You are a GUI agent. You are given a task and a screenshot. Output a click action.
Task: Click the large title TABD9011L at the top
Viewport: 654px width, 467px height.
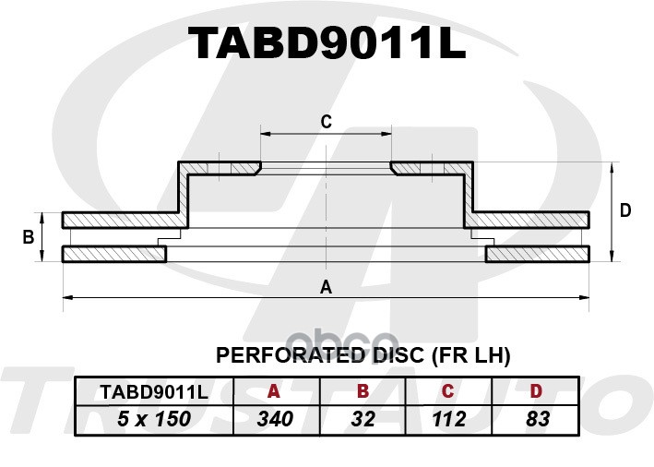click(327, 42)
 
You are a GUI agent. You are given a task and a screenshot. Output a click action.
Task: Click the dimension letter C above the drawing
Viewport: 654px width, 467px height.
click(327, 122)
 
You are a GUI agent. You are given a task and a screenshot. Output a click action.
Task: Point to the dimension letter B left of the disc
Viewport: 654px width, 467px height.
click(29, 237)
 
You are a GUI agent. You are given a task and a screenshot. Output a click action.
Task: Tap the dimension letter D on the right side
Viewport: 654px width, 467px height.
click(625, 210)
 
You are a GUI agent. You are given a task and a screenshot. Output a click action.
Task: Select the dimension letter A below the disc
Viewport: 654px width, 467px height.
click(327, 287)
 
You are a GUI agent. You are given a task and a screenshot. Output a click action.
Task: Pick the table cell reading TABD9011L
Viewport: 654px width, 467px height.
click(154, 392)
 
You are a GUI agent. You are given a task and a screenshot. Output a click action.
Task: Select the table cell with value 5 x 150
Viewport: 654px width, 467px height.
click(154, 419)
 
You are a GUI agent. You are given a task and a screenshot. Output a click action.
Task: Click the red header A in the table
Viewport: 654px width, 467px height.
click(274, 391)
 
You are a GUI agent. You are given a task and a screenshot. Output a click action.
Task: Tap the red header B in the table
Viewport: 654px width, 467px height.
click(363, 391)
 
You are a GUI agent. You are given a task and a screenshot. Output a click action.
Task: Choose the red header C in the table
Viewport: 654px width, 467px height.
click(447, 391)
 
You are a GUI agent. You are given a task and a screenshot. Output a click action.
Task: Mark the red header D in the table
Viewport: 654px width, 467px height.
click(536, 391)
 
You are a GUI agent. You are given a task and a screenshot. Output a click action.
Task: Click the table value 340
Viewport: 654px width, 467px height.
click(275, 419)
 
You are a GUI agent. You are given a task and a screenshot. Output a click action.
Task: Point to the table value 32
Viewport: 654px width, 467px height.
click(363, 419)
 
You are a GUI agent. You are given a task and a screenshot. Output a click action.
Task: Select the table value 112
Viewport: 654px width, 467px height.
click(449, 419)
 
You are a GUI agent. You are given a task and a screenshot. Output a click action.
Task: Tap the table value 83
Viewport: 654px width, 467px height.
click(538, 419)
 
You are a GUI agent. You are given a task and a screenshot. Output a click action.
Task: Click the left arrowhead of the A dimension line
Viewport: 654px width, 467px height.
click(67, 297)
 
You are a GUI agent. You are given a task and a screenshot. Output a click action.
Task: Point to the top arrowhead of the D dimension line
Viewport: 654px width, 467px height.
click(612, 167)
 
